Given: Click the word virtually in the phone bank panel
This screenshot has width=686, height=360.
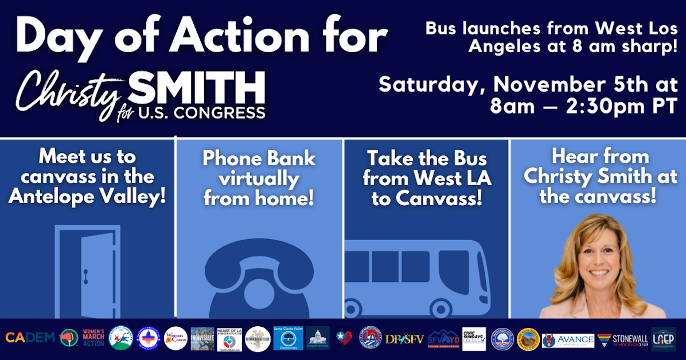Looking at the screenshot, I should click(259, 179).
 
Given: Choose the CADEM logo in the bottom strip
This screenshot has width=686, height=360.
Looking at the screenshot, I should click(30, 338).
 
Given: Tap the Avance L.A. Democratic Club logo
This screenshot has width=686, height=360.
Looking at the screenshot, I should click(568, 340).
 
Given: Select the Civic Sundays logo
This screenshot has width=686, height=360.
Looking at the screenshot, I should click(474, 339).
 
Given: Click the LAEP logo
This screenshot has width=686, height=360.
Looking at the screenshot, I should click(663, 339).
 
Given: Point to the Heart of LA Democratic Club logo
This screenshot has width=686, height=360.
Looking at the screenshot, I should click(229, 339).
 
